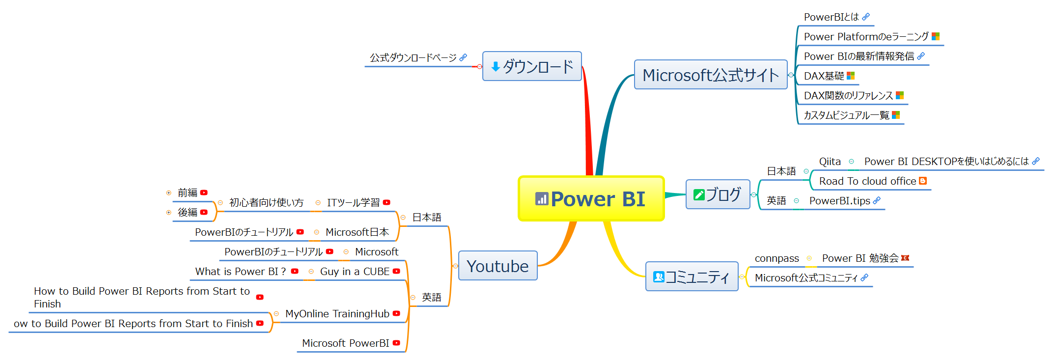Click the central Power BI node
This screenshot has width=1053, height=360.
click(591, 198)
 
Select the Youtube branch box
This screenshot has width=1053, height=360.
click(498, 266)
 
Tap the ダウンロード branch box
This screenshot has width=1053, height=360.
click(532, 66)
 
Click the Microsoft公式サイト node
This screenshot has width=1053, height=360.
click(710, 75)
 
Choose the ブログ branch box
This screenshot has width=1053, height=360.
click(718, 194)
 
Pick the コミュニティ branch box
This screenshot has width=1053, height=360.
click(692, 277)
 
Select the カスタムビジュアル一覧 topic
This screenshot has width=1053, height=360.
click(846, 115)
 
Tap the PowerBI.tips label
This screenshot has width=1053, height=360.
click(839, 200)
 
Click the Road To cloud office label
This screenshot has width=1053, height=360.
click(867, 181)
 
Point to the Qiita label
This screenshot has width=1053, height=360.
click(830, 161)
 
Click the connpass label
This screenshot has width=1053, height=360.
click(776, 258)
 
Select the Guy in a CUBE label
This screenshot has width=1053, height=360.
click(355, 271)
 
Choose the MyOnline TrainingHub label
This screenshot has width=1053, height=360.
click(337, 313)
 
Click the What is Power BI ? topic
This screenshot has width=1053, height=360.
click(240, 271)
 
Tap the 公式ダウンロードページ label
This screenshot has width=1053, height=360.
click(413, 57)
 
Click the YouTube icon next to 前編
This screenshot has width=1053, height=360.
click(204, 193)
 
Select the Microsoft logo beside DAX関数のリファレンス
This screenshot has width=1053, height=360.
click(900, 95)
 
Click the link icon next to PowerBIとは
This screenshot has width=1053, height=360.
click(866, 17)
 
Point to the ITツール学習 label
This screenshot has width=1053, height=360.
click(353, 202)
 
